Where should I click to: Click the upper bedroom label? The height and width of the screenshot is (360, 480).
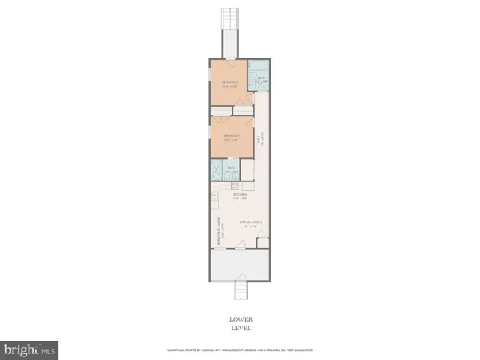(229, 83)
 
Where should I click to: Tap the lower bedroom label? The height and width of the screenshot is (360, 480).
(231, 137)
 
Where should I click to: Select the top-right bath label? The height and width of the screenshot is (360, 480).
(262, 78)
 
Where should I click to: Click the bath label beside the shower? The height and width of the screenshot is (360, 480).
(232, 169)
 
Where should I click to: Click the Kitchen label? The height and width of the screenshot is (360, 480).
(239, 196)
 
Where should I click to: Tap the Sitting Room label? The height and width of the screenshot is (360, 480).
(250, 223)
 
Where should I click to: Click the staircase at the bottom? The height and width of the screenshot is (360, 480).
(241, 289)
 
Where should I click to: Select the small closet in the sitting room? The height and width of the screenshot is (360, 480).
(262, 241)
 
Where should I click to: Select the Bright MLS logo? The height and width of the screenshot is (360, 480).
(29, 350)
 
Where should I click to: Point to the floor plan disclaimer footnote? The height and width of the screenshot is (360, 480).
(238, 350)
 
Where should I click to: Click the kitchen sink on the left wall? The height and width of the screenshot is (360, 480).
(214, 200)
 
